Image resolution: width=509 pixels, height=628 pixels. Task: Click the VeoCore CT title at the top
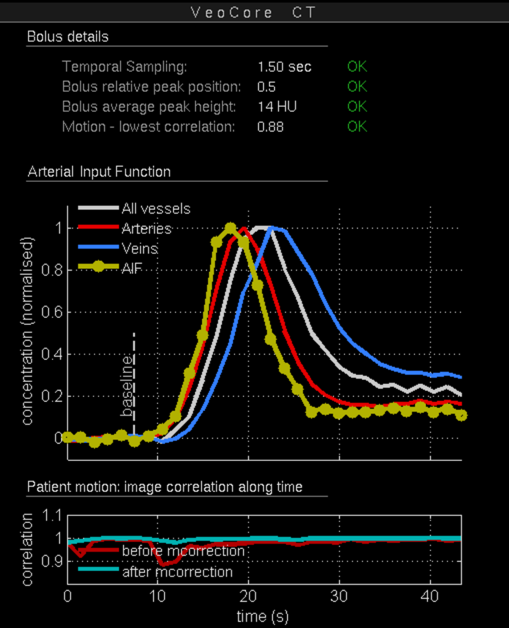254,12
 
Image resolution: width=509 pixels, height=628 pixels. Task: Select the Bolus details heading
67,36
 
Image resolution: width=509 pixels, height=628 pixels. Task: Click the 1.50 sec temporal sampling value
284,67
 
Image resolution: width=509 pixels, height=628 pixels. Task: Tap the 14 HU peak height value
277,107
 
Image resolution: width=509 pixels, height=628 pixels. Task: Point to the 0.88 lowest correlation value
270,127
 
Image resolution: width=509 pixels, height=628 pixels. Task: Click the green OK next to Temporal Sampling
357,67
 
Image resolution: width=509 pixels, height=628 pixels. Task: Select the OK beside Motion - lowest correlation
357,127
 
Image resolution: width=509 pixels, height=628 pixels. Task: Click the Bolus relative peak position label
152,87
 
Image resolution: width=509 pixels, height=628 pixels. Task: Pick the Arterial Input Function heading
99,172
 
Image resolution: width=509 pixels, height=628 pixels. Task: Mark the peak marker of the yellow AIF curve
230,228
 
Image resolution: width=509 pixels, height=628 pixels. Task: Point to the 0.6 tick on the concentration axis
51,312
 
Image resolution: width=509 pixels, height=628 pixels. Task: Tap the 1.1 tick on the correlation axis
51,515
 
